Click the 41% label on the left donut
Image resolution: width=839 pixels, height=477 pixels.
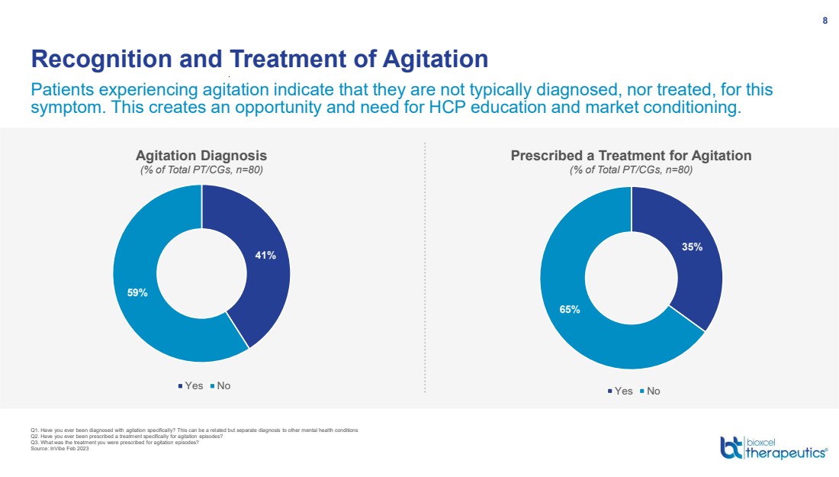[x=265, y=256]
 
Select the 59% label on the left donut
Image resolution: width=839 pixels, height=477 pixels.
[x=137, y=292]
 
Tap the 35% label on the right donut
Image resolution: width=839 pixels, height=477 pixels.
[x=693, y=247]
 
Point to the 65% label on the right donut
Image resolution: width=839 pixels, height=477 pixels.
[x=570, y=310]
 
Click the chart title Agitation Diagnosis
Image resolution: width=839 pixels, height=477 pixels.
[x=201, y=155]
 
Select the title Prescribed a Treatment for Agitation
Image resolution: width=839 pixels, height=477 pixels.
[x=631, y=155]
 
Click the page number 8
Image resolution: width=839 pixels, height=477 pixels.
[x=825, y=21]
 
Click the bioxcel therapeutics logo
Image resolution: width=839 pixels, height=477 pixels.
[x=773, y=447]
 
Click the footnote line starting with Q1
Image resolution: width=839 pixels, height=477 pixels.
[x=191, y=430]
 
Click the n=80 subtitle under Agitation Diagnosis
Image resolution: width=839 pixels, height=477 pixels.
[x=201, y=169]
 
